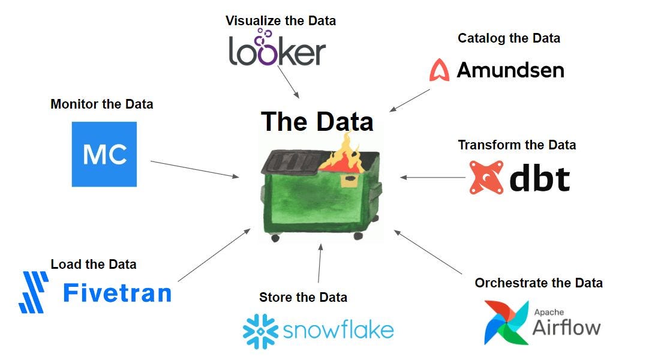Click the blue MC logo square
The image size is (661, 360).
tap(104, 154)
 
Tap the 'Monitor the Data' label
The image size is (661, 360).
tap(101, 104)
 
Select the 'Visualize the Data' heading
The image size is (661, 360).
tap(280, 21)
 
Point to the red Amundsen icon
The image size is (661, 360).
tap(439, 70)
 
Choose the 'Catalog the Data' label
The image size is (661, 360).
tap(509, 38)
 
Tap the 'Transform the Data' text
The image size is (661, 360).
tap(516, 145)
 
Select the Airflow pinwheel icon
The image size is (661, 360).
tap(506, 323)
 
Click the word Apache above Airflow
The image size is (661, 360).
tap(546, 311)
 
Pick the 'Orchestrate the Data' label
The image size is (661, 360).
tap(538, 283)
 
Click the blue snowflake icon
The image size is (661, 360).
tap(259, 331)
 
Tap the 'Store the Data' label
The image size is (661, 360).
tap(303, 298)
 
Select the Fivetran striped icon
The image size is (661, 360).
tap(34, 292)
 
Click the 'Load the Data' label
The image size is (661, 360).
tap(94, 265)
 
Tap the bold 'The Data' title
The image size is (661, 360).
tap(317, 122)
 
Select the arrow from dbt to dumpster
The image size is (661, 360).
tap(432, 178)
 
